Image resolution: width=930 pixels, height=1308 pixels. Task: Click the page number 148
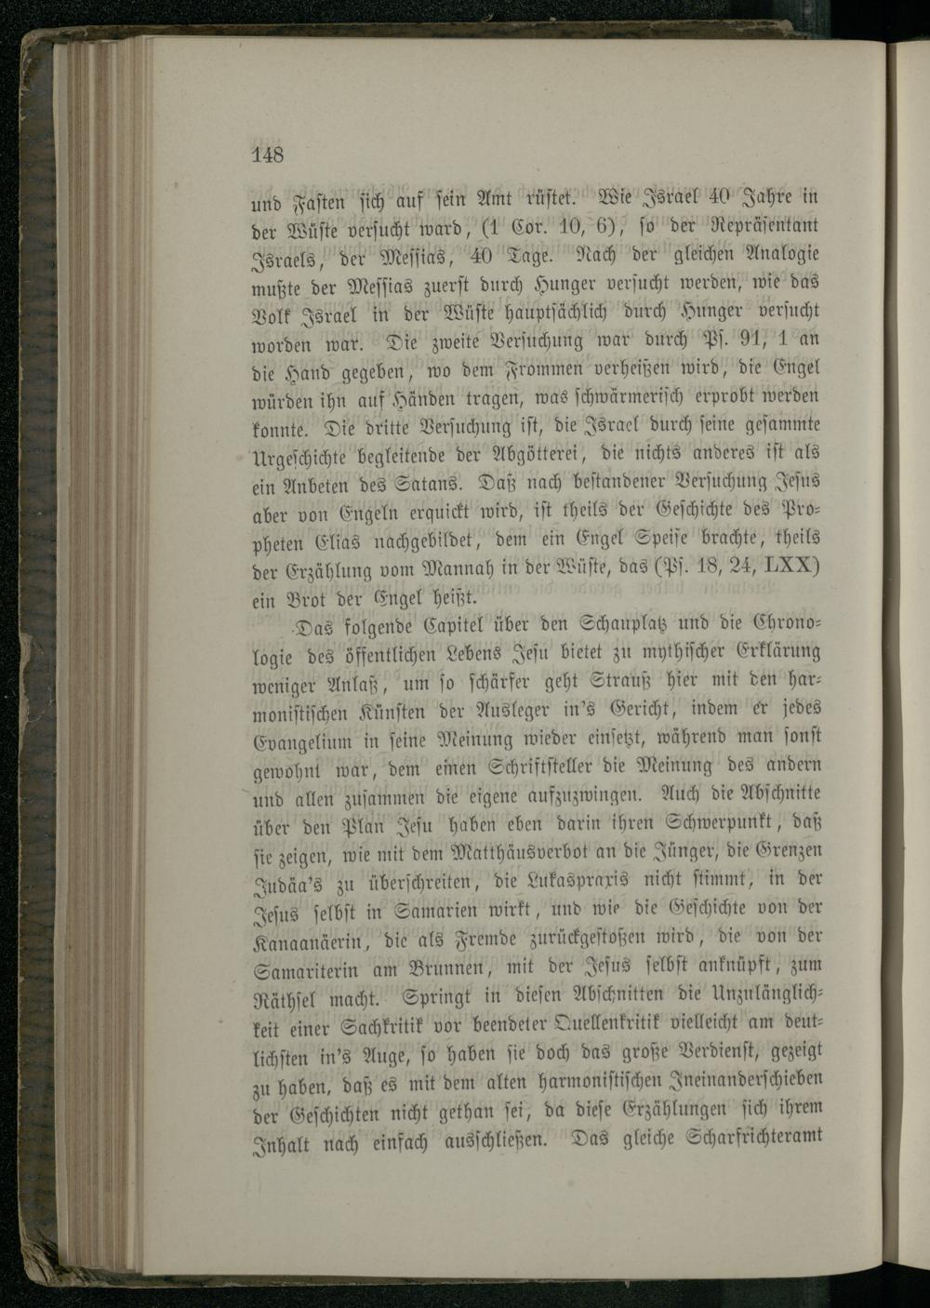(267, 154)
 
